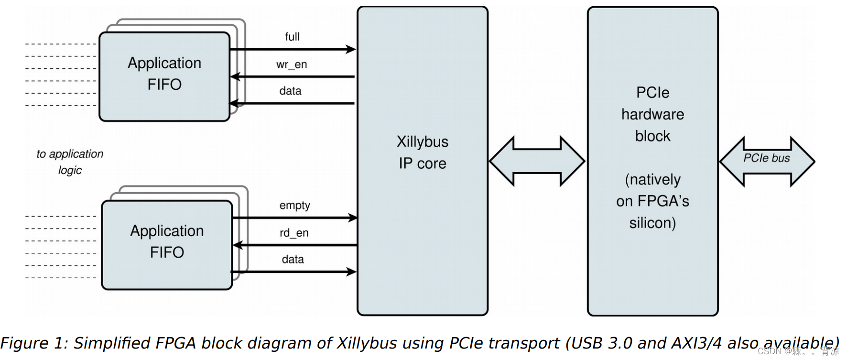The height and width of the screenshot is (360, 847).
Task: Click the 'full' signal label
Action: pyautogui.click(x=292, y=37)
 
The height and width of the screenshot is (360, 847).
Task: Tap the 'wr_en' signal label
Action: pyautogui.click(x=292, y=65)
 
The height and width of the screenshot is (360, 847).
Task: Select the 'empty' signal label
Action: pyautogui.click(x=294, y=206)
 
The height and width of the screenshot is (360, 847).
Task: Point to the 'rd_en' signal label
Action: pyautogui.click(x=294, y=233)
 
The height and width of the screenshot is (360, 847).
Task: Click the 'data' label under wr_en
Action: pyautogui.click(x=290, y=91)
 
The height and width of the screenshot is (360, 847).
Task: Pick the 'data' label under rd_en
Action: pyautogui.click(x=293, y=260)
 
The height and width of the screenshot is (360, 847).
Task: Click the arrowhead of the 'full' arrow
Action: pyautogui.click(x=351, y=49)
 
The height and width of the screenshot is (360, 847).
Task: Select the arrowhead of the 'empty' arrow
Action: pyautogui.click(x=353, y=218)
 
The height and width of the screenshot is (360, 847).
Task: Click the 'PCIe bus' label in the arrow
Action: pyautogui.click(x=766, y=158)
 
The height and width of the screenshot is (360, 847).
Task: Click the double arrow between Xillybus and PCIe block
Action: pyautogui.click(x=537, y=162)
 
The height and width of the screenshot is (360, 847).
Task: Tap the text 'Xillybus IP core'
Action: pyautogui.click(x=423, y=153)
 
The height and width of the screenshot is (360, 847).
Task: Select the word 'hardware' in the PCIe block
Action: pyautogui.click(x=652, y=115)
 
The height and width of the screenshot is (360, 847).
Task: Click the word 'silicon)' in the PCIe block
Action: pyautogui.click(x=652, y=223)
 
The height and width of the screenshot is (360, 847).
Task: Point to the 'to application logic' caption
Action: pyautogui.click(x=70, y=162)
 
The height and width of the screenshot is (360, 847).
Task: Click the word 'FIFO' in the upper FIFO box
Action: pyautogui.click(x=164, y=85)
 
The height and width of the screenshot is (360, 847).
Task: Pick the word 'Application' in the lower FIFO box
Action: pyautogui.click(x=167, y=231)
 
